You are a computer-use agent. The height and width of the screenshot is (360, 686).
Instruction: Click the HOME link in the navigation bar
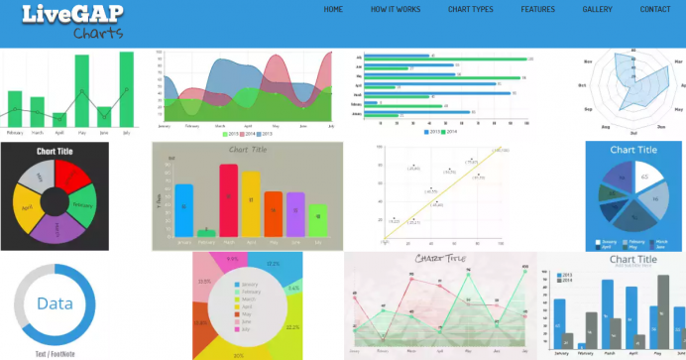tap(333, 9)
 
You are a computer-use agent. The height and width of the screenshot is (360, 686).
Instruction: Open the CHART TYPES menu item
tap(470, 9)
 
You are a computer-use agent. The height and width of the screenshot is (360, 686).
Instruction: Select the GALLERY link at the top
tap(597, 9)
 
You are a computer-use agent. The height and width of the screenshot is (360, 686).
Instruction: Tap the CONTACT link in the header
tap(655, 9)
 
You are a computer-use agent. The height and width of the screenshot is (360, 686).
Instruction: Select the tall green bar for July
tap(126, 89)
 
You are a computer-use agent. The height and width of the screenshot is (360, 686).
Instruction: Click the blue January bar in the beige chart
tap(184, 210)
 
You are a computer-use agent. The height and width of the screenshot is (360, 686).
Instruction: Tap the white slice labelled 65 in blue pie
tap(646, 179)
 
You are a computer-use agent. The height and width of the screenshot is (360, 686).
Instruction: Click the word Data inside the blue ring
tap(55, 303)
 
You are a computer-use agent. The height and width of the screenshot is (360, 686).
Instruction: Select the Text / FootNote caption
tap(55, 352)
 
